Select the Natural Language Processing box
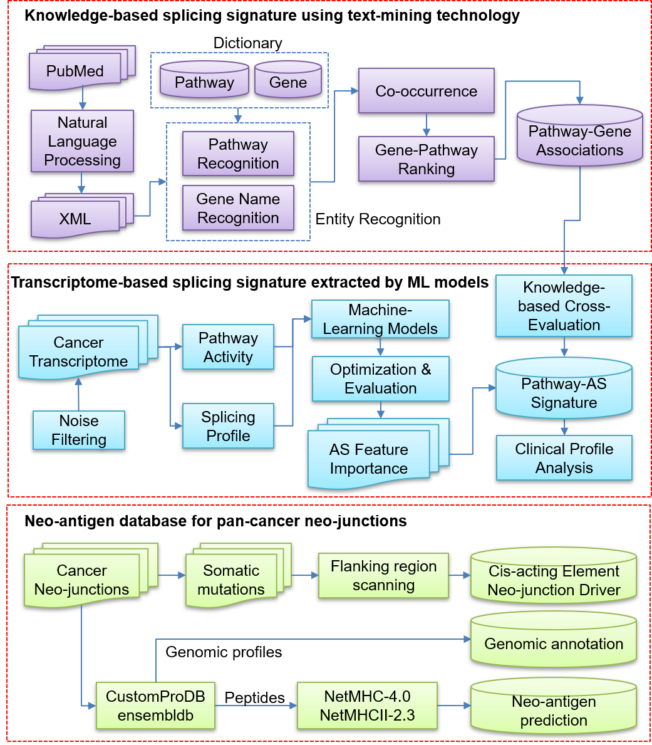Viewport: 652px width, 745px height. tap(82, 142)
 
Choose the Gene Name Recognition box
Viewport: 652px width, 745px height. tap(238, 208)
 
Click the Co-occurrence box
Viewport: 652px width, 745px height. tap(427, 91)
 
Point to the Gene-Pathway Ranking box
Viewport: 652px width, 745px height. tap(427, 159)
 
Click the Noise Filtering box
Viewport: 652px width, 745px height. tap(79, 430)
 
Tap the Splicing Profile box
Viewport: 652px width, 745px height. tap(228, 426)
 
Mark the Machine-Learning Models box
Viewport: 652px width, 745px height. tap(380, 319)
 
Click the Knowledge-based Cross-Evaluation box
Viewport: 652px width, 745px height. tap(564, 306)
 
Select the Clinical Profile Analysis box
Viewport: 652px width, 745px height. tap(564, 458)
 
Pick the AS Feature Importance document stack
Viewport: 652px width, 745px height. tap(369, 459)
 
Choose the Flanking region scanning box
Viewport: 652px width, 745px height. tap(383, 575)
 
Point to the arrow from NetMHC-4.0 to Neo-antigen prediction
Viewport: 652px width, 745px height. tap(454, 706)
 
